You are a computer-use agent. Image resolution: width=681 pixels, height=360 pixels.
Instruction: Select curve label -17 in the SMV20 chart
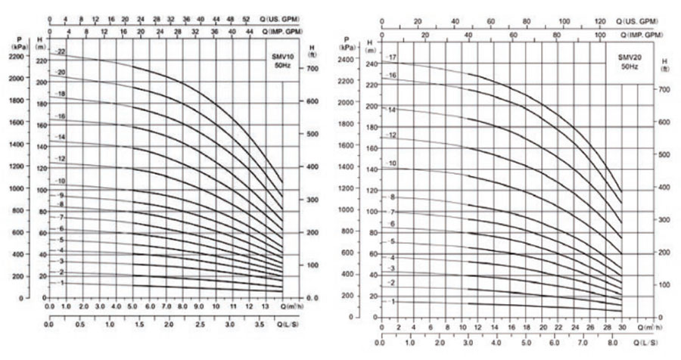392,58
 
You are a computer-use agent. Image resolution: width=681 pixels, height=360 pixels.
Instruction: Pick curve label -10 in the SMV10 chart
61,182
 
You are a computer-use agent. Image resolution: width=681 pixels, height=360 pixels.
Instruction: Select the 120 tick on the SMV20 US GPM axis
602,21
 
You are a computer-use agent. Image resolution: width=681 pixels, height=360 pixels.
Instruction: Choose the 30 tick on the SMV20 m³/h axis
622,327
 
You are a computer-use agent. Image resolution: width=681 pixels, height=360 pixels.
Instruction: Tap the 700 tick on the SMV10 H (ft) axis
310,68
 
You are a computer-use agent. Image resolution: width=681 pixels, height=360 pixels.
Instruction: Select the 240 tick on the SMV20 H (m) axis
370,64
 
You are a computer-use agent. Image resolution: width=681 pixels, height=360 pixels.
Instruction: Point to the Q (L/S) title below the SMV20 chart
646,344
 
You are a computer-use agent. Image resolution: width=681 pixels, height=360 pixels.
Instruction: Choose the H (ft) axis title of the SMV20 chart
664,64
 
